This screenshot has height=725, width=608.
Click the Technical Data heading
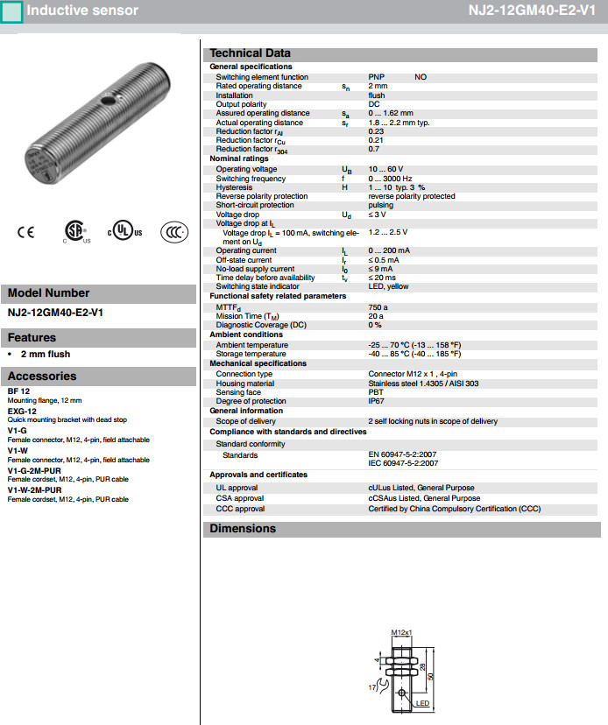tap(250, 53)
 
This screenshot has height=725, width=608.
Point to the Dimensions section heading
tap(243, 529)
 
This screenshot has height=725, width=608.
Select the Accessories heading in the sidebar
tap(42, 377)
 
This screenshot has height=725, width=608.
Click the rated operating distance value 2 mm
tap(378, 86)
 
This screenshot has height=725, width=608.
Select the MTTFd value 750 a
tap(378, 307)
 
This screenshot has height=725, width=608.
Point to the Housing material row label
tap(245, 384)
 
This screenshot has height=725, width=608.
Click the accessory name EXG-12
tap(22, 411)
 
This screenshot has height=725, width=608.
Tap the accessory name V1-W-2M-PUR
tap(34, 491)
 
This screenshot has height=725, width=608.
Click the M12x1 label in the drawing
tap(400, 632)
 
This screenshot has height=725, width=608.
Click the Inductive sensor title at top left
tap(82, 11)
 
